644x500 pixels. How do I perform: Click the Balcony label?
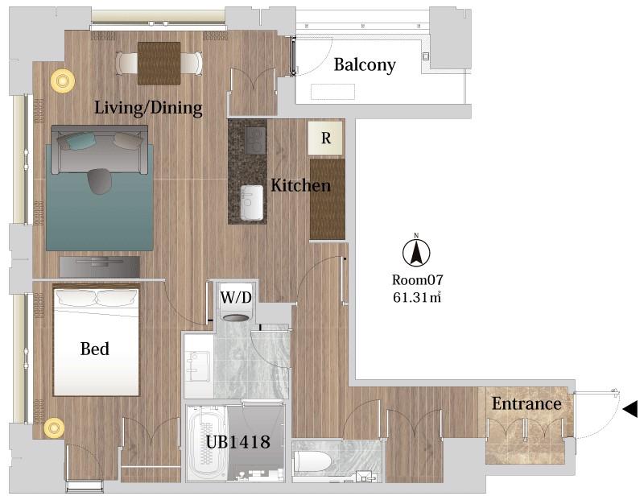pyautogui.click(x=365, y=65)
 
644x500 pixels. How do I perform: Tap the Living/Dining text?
pyautogui.click(x=148, y=108)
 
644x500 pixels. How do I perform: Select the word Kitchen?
pyautogui.click(x=300, y=185)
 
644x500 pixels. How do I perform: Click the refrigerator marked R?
pyautogui.click(x=326, y=138)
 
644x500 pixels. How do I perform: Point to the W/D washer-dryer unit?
pyautogui.click(x=236, y=301)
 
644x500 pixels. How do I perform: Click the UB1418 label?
pyautogui.click(x=237, y=442)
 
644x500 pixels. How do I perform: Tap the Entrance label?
pyautogui.click(x=526, y=403)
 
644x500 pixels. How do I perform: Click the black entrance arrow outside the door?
pyautogui.click(x=630, y=409)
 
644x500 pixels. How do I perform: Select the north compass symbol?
pyautogui.click(x=416, y=251)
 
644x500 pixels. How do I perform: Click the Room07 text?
pyautogui.click(x=417, y=280)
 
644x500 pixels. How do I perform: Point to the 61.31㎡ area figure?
pyautogui.click(x=417, y=297)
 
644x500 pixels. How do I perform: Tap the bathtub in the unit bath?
pyautogui.click(x=207, y=443)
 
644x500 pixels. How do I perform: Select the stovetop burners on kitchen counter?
pyautogui.click(x=255, y=139)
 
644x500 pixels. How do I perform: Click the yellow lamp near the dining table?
pyautogui.click(x=63, y=81)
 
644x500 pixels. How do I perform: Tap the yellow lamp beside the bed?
pyautogui.click(x=54, y=428)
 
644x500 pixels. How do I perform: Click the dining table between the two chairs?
pyautogui.click(x=159, y=64)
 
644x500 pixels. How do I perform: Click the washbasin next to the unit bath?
pyautogui.click(x=197, y=366)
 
